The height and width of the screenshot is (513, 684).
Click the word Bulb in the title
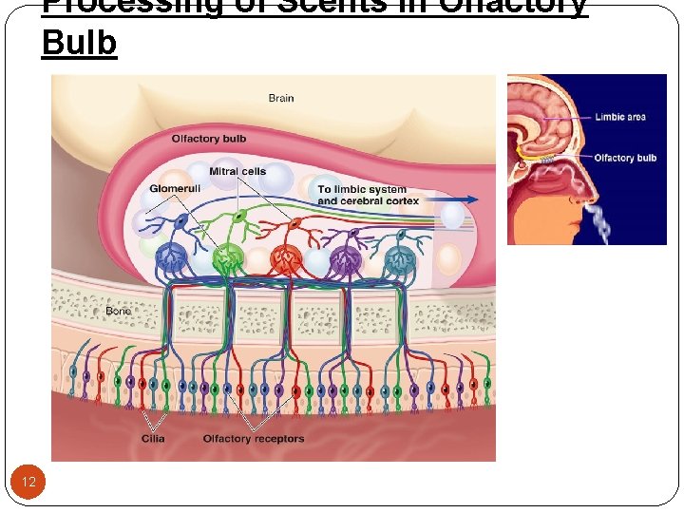click(x=79, y=44)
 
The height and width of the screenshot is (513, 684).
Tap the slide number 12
click(x=28, y=483)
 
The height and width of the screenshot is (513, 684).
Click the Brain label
click(x=280, y=98)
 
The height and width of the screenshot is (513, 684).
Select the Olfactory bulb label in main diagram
click(x=208, y=139)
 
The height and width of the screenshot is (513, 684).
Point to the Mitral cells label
click(x=237, y=172)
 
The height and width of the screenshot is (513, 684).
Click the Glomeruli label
click(x=173, y=188)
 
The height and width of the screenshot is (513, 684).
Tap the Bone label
click(x=119, y=311)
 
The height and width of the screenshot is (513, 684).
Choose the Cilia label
click(x=153, y=439)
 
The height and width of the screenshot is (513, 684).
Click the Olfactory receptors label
click(x=254, y=439)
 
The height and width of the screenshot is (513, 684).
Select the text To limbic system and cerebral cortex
click(x=361, y=196)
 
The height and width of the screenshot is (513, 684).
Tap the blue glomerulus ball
click(x=171, y=256)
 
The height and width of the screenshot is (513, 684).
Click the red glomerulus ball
click(x=286, y=257)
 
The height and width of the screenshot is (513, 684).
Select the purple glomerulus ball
click(x=343, y=257)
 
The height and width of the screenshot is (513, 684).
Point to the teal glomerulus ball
click(x=400, y=257)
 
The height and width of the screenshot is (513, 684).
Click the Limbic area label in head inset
click(x=620, y=117)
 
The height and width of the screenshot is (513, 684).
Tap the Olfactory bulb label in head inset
click(x=625, y=158)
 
